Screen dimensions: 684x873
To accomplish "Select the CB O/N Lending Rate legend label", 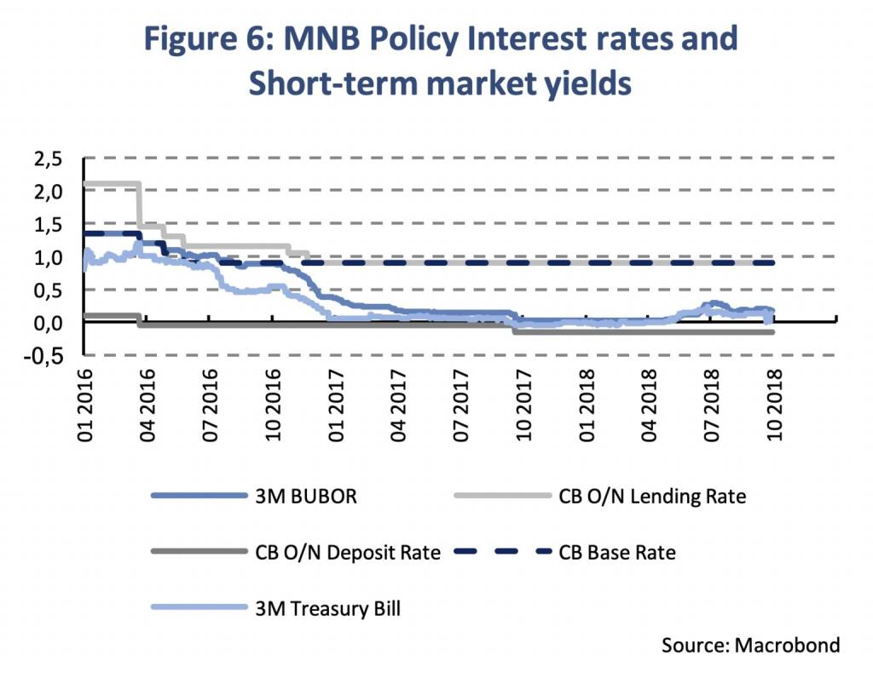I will click(652, 496).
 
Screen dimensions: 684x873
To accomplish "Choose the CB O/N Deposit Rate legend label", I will click(347, 552).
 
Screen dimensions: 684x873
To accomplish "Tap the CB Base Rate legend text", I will click(617, 552).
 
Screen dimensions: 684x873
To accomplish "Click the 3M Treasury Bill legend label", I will click(327, 608).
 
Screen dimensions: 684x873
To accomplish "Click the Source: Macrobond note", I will click(750, 645).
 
